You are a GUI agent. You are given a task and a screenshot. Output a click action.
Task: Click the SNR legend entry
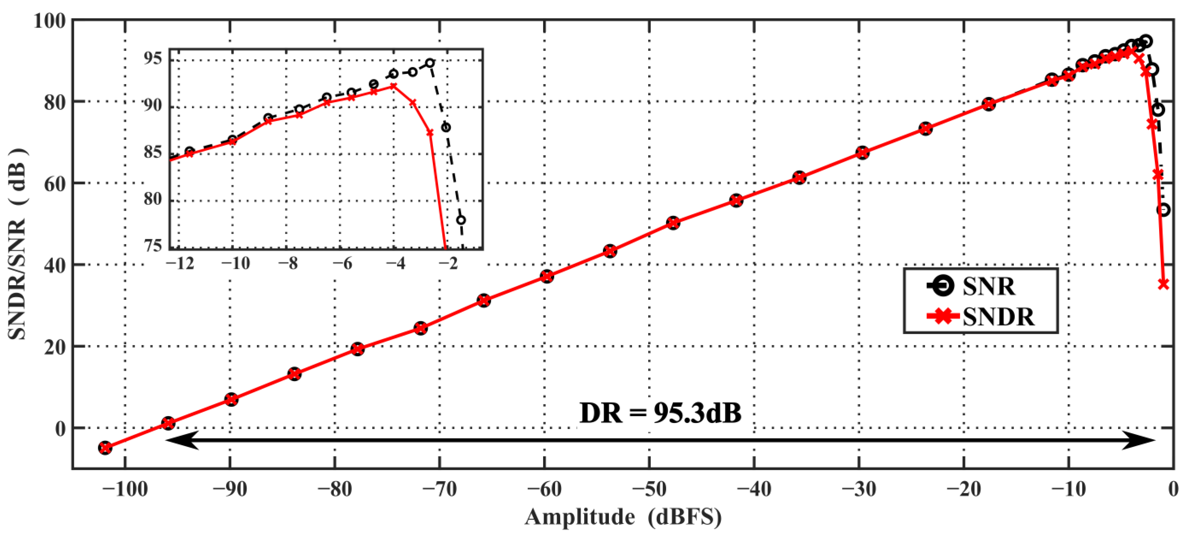tap(971, 286)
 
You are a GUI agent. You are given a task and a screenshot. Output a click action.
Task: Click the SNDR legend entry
tap(980, 317)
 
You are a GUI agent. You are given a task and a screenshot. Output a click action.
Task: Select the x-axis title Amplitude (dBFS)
tap(623, 517)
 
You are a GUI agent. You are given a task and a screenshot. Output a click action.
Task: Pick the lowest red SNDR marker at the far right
tap(1164, 284)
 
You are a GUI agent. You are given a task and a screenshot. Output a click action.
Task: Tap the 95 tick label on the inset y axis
tap(153, 59)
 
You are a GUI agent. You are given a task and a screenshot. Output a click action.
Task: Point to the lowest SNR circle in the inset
tap(461, 220)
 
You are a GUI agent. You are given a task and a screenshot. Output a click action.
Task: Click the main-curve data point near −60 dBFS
tap(547, 276)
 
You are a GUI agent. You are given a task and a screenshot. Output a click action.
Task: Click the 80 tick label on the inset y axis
tap(153, 200)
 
